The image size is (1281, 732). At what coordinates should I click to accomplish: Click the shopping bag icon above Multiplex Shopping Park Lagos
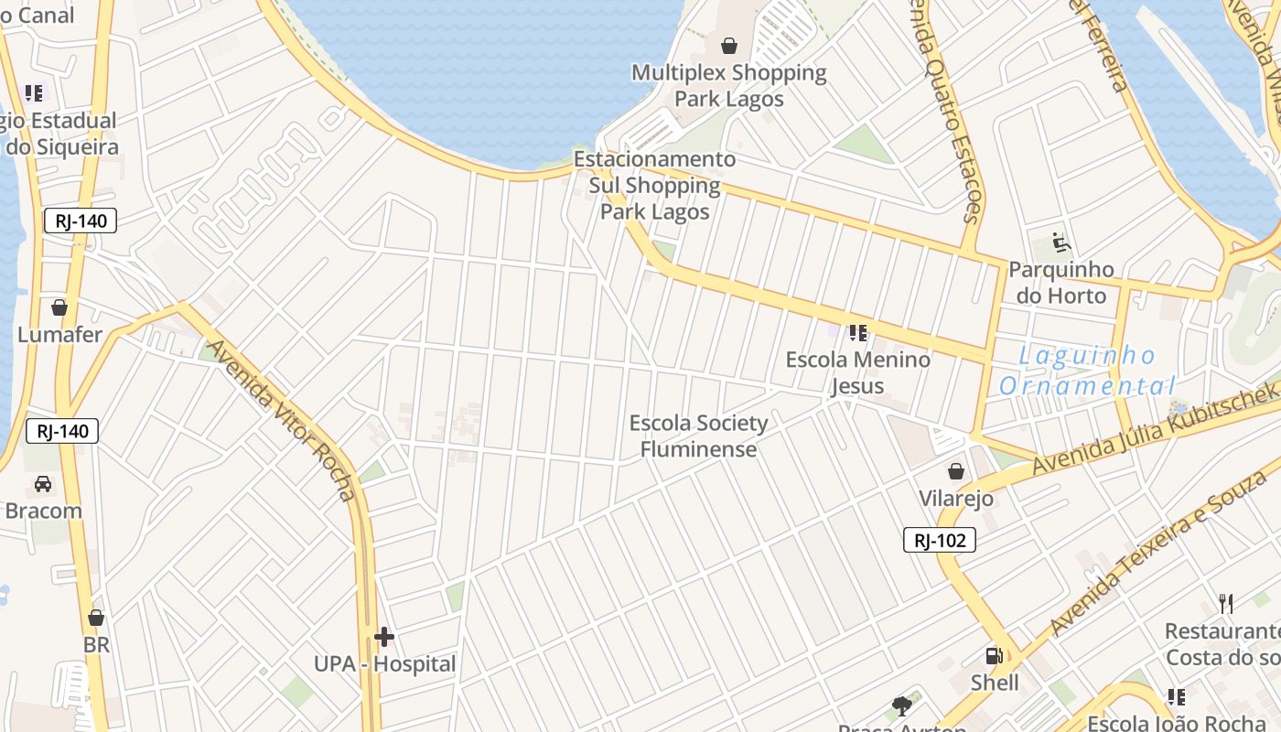(729, 46)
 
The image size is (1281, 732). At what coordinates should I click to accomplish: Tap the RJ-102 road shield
(940, 540)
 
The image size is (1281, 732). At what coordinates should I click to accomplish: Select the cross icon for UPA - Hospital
(384, 636)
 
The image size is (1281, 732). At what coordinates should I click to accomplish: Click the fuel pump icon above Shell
(994, 656)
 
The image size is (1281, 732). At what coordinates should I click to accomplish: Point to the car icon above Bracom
(43, 484)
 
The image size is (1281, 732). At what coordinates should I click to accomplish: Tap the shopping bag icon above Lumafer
(59, 307)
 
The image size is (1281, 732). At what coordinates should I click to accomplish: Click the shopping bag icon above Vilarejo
(956, 471)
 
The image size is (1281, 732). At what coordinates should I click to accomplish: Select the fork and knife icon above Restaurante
(1226, 604)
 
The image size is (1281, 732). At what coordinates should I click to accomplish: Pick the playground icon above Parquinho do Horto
(1061, 242)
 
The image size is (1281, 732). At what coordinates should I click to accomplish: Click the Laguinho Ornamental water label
(1087, 371)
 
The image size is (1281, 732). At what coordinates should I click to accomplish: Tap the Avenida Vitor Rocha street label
(281, 420)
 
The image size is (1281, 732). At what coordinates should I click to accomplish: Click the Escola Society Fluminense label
(698, 436)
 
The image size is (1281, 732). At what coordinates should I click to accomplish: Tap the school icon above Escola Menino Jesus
(857, 332)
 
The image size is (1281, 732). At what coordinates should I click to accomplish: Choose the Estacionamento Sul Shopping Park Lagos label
(654, 186)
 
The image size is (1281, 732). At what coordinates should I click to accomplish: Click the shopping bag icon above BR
(96, 619)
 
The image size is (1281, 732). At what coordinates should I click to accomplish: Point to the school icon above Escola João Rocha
(1176, 697)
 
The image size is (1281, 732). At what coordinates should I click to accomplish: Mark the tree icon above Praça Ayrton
(902, 705)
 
